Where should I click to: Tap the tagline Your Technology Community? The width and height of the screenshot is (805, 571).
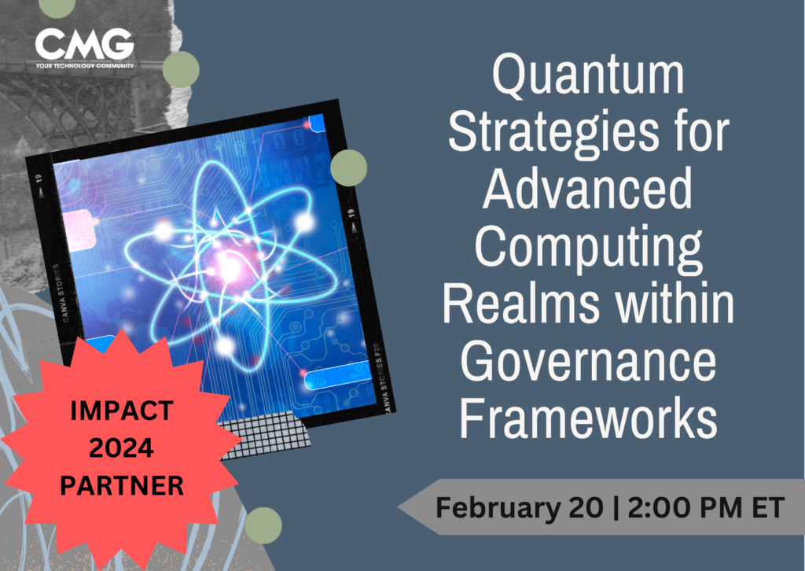(x=84, y=65)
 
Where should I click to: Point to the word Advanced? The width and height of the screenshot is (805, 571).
(x=588, y=192)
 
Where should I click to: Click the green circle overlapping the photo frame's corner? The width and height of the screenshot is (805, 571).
(x=348, y=168)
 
